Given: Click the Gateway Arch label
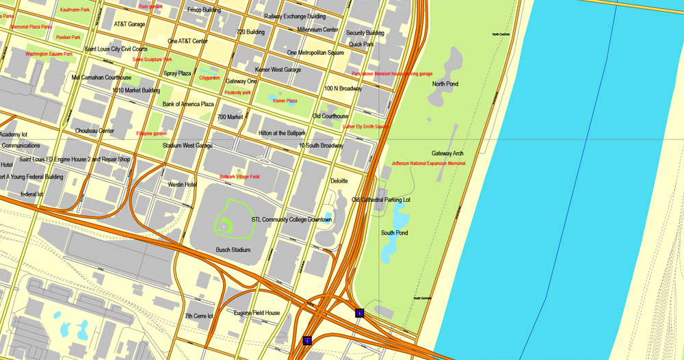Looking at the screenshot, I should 447,153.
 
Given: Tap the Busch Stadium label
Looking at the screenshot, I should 233,250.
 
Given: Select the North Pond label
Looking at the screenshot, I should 445,84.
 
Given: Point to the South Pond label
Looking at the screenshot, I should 394,233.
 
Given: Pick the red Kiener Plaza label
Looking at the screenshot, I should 285,101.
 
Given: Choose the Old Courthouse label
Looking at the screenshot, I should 330,116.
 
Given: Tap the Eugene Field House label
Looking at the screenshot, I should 256,313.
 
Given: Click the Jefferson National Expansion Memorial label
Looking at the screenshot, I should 428,164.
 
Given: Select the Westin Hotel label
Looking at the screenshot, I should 182,184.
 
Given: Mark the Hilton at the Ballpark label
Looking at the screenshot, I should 282,133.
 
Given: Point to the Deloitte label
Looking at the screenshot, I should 339,181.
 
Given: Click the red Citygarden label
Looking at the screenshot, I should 209,78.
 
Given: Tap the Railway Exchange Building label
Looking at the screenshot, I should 295,16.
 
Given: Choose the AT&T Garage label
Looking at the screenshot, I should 129,24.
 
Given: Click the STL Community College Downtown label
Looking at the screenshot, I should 291,219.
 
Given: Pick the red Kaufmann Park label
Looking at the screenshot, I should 75,10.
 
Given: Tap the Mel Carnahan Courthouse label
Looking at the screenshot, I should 101,77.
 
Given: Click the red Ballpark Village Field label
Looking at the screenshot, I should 239,177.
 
